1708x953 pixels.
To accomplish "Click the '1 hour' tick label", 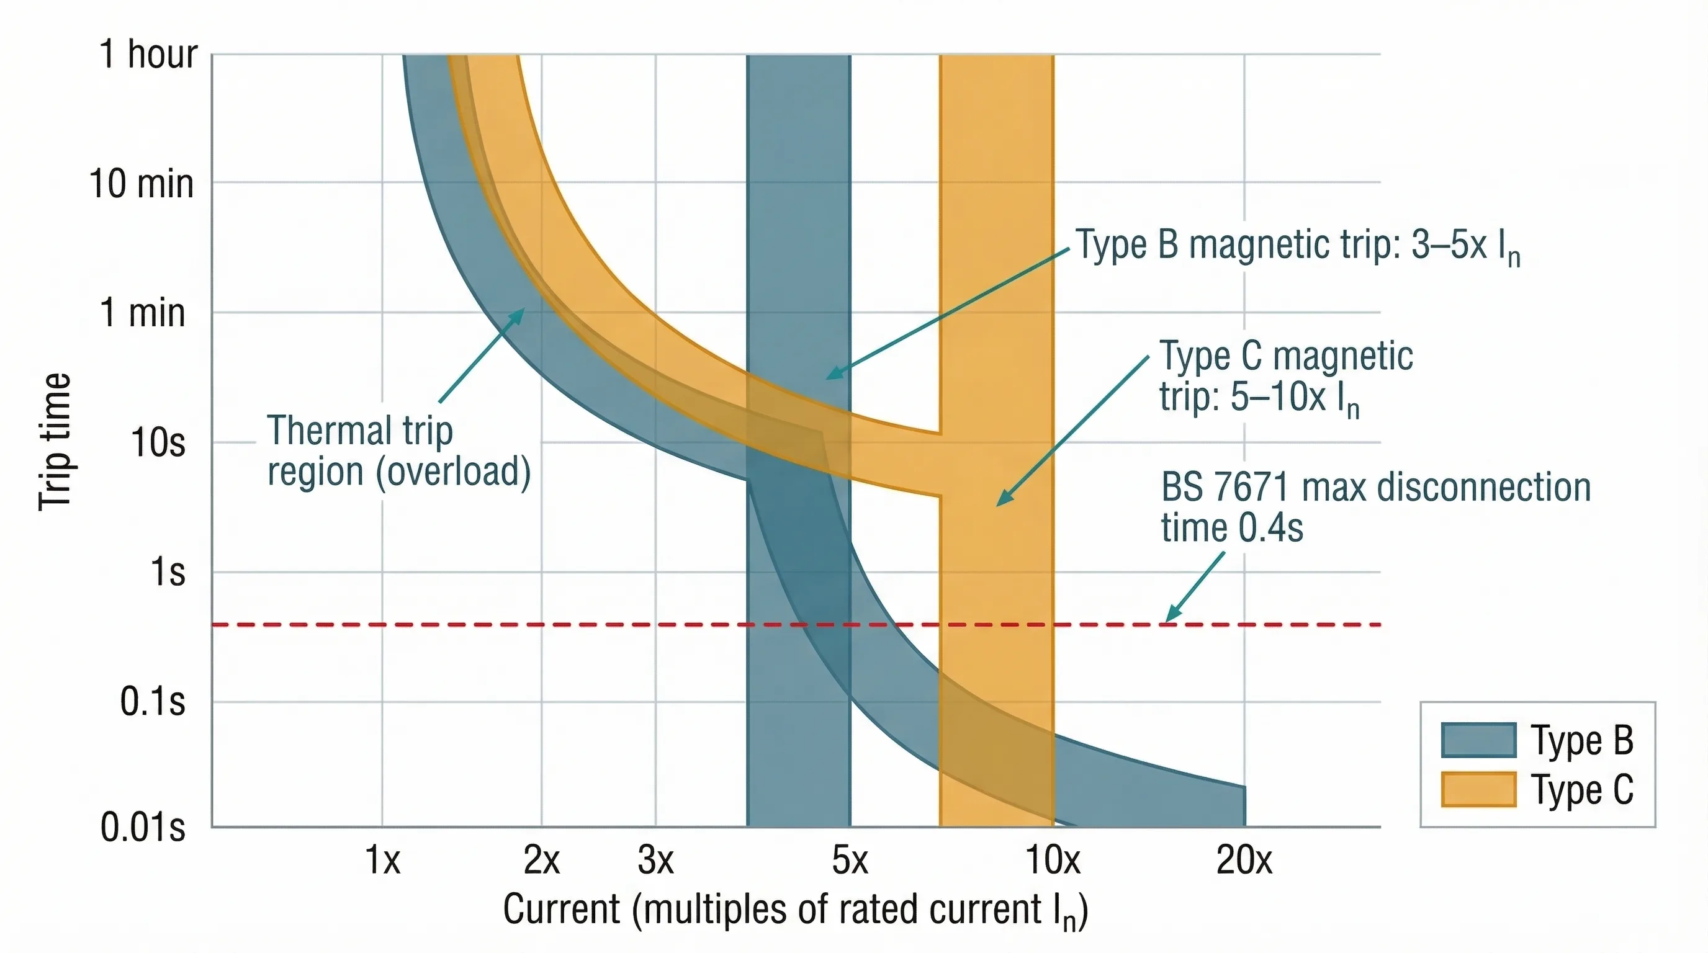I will [148, 54].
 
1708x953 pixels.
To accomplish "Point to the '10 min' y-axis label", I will [142, 184].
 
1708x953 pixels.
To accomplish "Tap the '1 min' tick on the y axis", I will [142, 312].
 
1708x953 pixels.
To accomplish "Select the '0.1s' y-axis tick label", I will [152, 701].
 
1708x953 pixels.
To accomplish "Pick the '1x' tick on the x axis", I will [382, 860].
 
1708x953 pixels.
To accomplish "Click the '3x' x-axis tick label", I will [655, 860].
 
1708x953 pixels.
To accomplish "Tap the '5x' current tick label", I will [850, 860].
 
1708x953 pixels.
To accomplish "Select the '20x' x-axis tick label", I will [1244, 860].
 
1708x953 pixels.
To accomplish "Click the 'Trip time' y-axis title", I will [55, 441].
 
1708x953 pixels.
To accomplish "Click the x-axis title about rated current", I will [795, 910].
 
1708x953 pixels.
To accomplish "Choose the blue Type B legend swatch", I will [1478, 740].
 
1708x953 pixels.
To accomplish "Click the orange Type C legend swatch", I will [1478, 789].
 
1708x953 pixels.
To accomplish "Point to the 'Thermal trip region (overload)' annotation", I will [398, 450].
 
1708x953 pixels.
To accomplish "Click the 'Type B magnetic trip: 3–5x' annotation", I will [1297, 245].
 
